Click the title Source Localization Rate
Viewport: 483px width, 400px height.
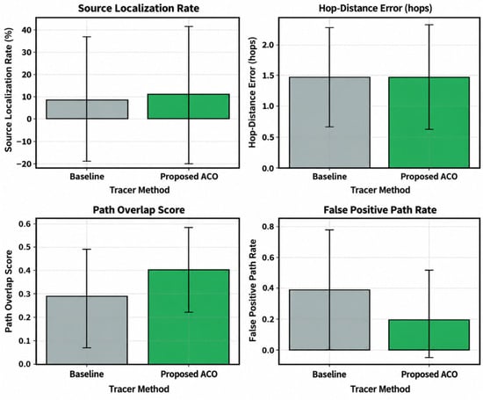click(x=138, y=8)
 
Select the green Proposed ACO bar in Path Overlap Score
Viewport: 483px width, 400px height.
click(x=189, y=317)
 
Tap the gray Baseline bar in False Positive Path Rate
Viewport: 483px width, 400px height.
click(x=329, y=320)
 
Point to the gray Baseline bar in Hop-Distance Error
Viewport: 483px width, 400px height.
click(x=329, y=122)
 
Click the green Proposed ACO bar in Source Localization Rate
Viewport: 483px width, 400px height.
click(x=189, y=106)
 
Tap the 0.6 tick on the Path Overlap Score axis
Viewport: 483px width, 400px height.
click(x=25, y=223)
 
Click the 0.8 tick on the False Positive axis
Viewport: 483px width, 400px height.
click(x=267, y=227)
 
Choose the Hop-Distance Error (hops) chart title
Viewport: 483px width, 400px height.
click(x=375, y=8)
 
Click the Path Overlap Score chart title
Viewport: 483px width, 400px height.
click(x=139, y=210)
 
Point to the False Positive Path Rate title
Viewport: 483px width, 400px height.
click(x=379, y=210)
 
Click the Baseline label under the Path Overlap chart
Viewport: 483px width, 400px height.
click(x=87, y=375)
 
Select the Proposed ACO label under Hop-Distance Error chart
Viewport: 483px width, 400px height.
click(x=429, y=177)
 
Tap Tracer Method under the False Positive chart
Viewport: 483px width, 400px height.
click(x=380, y=389)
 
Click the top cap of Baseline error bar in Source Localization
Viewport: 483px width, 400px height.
click(x=87, y=37)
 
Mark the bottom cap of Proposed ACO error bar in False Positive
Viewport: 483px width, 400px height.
click(x=429, y=358)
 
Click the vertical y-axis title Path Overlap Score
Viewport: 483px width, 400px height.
click(x=9, y=291)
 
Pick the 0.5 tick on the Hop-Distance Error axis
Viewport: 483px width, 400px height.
click(x=267, y=137)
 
